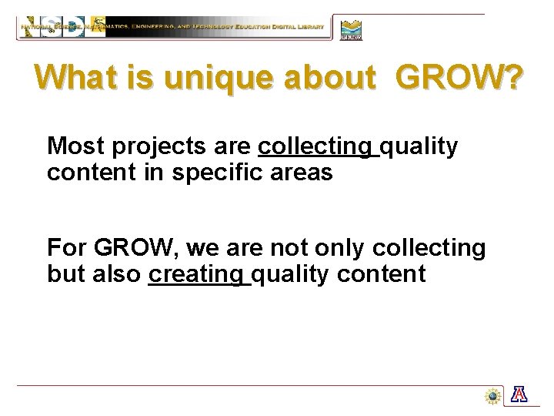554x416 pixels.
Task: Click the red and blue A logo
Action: (520, 395)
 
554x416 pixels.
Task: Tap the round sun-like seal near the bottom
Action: (492, 396)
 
